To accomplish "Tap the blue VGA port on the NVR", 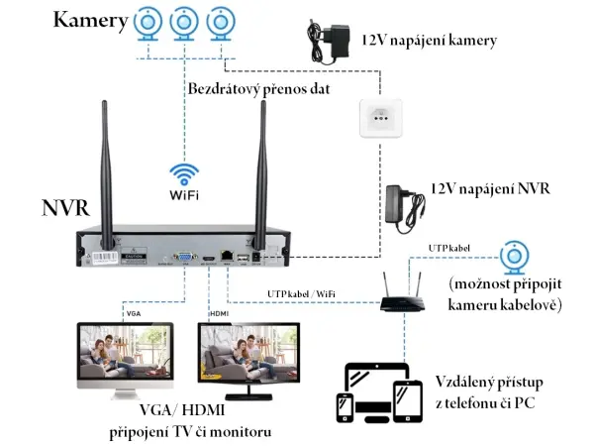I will [185, 256].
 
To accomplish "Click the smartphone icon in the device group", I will [345, 408].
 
